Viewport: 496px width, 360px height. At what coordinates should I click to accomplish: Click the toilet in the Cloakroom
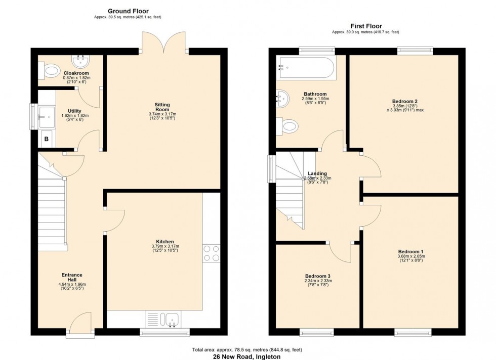point(51,71)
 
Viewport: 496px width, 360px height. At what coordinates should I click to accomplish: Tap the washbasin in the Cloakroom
point(80,62)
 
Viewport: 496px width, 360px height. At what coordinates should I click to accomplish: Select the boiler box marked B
point(47,139)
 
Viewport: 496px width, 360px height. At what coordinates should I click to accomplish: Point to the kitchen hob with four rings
point(211,253)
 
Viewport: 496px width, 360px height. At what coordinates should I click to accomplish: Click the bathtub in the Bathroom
point(305,68)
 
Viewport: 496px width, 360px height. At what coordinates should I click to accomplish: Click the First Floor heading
point(365,26)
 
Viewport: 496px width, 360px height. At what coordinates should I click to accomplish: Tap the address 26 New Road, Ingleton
point(247,356)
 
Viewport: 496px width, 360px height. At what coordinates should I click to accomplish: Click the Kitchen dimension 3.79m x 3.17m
point(166,246)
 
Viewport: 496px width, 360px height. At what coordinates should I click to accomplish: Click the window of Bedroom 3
point(316,332)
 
